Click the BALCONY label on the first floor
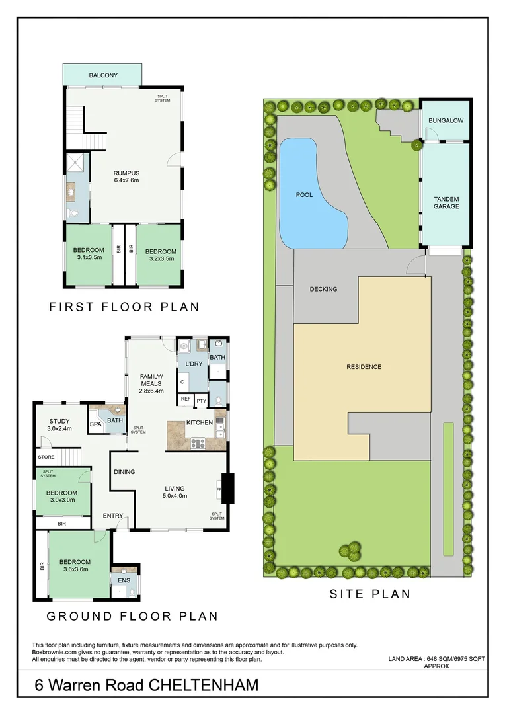tap(103, 75)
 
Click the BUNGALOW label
tap(446, 121)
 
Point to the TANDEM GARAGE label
tap(446, 202)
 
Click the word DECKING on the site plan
tap(323, 289)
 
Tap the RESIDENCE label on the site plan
tap(364, 367)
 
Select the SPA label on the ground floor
tap(96, 424)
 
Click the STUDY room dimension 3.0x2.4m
tap(59, 429)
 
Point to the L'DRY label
tap(194, 364)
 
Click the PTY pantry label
tap(201, 399)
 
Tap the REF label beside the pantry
tap(186, 399)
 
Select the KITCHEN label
tap(199, 422)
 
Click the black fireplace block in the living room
tap(228, 489)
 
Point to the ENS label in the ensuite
tap(124, 580)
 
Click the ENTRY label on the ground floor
tap(112, 516)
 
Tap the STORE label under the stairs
tap(46, 456)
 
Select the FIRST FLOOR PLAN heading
tap(124, 307)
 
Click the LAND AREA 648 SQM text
tap(436, 659)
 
